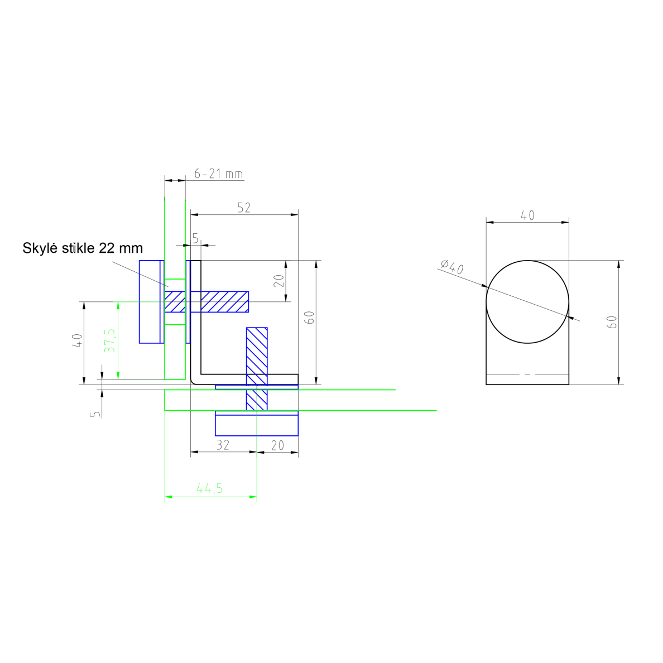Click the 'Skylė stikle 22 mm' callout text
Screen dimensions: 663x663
coord(83,248)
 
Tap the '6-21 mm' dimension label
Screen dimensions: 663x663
coord(219,174)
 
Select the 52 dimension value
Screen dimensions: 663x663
coord(244,208)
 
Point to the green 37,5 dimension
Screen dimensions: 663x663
coord(109,340)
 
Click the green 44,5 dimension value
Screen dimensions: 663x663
coord(210,488)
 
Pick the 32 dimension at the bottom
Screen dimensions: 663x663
coord(223,445)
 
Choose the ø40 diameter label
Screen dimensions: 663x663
coord(452,267)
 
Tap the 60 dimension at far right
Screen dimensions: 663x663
coord(612,322)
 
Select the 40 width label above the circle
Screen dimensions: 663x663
coord(528,215)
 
